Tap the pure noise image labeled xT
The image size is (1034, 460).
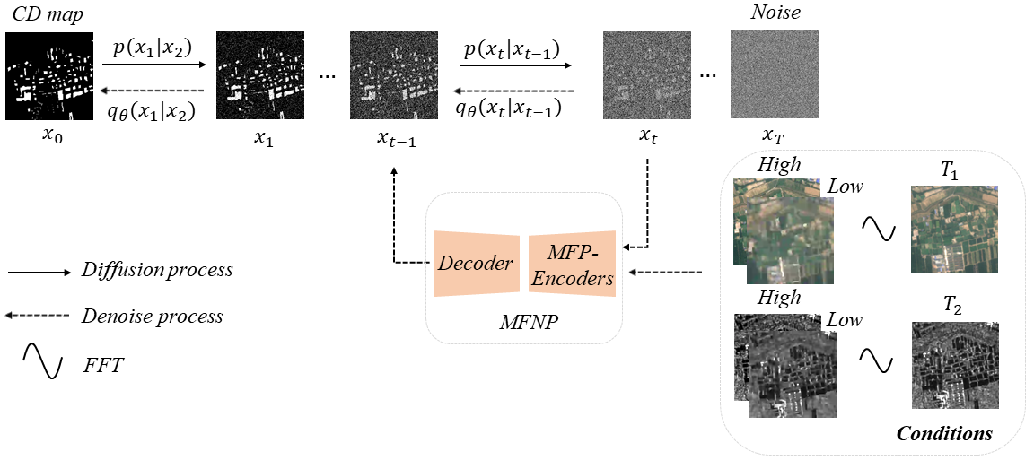coord(774,75)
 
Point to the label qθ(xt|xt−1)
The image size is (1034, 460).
coord(509,108)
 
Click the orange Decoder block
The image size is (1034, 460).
coord(477,264)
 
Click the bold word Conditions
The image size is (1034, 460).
coord(944,434)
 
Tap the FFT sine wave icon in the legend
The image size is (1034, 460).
coord(42,361)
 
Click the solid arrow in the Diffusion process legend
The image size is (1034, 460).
coord(39,270)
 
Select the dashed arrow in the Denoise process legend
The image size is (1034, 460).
coord(39,316)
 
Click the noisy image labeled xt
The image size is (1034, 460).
coord(647,75)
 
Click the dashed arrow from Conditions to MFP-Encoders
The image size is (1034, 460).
coord(668,272)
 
